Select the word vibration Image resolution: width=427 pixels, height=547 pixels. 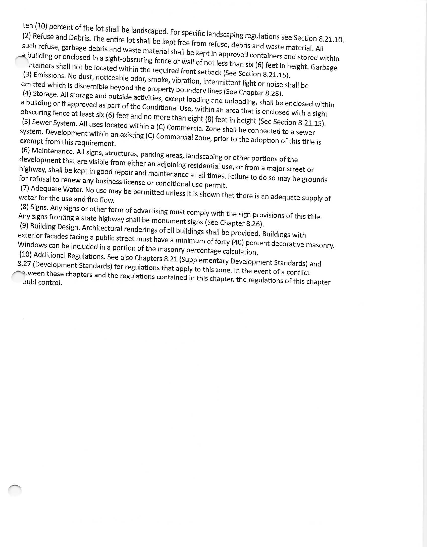point(186,81)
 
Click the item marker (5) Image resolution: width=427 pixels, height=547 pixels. point(26,122)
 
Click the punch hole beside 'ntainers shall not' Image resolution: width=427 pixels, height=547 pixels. point(22,62)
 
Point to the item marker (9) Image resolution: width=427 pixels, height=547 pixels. point(24,225)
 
